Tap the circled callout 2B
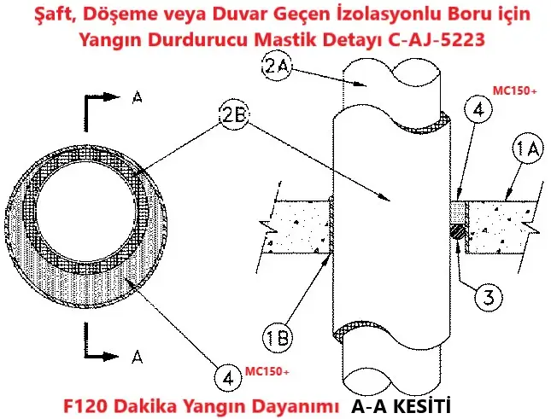[x=234, y=115]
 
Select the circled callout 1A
[x=528, y=148]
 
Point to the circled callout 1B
[x=278, y=337]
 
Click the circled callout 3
[x=489, y=297]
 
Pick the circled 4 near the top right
[x=478, y=109]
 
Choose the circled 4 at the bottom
[x=228, y=378]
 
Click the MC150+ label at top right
[x=515, y=91]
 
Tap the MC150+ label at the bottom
[x=267, y=371]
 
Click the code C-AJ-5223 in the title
[x=437, y=39]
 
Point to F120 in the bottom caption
[x=85, y=406]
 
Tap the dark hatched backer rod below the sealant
[x=458, y=231]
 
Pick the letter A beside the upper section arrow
[x=138, y=97]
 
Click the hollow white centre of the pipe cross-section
[x=86, y=213]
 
